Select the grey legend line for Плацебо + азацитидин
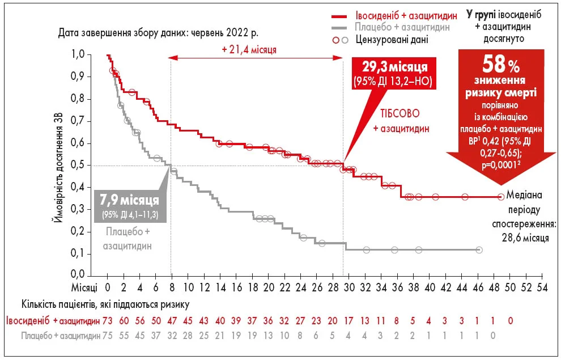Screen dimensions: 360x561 [x=339, y=28]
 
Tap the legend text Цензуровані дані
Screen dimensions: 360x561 [x=392, y=40]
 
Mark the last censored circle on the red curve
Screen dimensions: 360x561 [x=501, y=197]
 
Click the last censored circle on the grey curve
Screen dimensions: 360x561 [x=479, y=250]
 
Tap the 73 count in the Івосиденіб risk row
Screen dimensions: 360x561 [x=108, y=321]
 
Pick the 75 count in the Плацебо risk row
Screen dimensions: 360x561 [x=108, y=335]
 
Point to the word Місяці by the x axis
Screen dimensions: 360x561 [x=84, y=287]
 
